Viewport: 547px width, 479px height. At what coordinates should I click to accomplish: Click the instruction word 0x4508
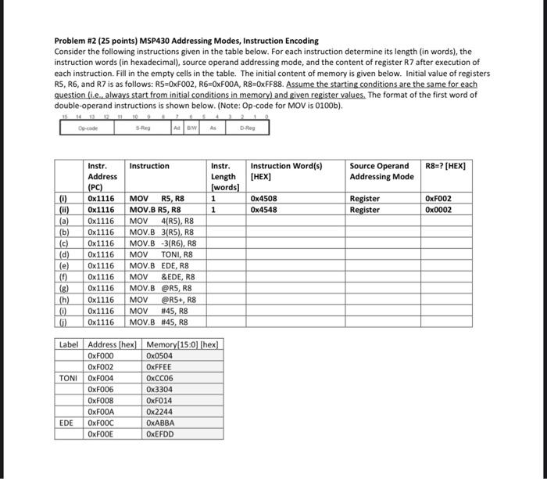point(263,199)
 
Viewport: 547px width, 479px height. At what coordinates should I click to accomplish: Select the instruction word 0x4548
point(263,210)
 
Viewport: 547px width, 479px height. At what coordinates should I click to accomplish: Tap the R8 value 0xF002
point(438,199)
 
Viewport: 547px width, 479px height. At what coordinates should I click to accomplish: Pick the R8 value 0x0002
point(438,210)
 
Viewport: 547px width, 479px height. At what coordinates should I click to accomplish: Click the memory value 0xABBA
point(160,423)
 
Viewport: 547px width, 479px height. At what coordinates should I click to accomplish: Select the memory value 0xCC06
point(160,378)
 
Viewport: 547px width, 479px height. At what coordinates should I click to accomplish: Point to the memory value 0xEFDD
point(160,434)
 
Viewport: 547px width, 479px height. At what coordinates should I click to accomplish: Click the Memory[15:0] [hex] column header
point(182,344)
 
